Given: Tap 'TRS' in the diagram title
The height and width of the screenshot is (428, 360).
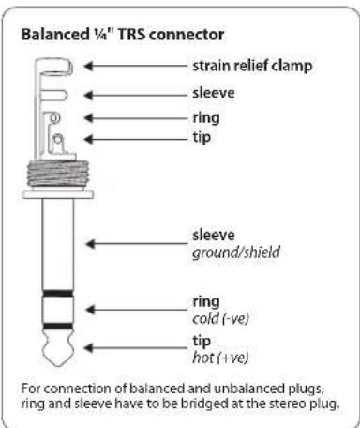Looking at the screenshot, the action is (131, 34).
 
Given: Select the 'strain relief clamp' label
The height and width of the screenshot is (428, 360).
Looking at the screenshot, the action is (252, 66).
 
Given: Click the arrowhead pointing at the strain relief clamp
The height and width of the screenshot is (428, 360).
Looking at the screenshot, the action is (89, 66).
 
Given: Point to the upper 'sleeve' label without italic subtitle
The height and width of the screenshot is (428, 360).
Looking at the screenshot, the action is (214, 93).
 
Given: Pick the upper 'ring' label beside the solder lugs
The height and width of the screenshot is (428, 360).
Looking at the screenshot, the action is (206, 118).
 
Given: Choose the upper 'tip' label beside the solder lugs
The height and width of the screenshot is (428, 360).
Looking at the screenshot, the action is (202, 138).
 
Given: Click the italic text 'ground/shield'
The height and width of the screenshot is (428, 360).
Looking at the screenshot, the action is (236, 252).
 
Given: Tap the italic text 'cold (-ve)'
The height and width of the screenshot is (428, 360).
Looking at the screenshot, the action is (220, 318).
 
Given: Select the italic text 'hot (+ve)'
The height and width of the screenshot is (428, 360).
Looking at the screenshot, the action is (220, 358).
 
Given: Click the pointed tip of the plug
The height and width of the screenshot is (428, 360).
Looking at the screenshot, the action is (58, 365).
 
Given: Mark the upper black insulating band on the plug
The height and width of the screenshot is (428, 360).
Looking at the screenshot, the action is (58, 294).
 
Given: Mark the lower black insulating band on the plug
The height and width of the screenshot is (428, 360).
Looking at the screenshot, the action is (58, 327).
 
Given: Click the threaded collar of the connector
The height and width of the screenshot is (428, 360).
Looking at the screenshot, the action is (58, 174).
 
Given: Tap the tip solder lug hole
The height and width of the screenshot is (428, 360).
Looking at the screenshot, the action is (58, 139).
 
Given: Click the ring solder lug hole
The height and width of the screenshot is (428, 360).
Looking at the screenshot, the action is (54, 118).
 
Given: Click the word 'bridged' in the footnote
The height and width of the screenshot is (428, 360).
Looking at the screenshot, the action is (203, 404).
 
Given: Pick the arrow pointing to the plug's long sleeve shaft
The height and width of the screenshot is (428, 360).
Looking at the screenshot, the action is (137, 244).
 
